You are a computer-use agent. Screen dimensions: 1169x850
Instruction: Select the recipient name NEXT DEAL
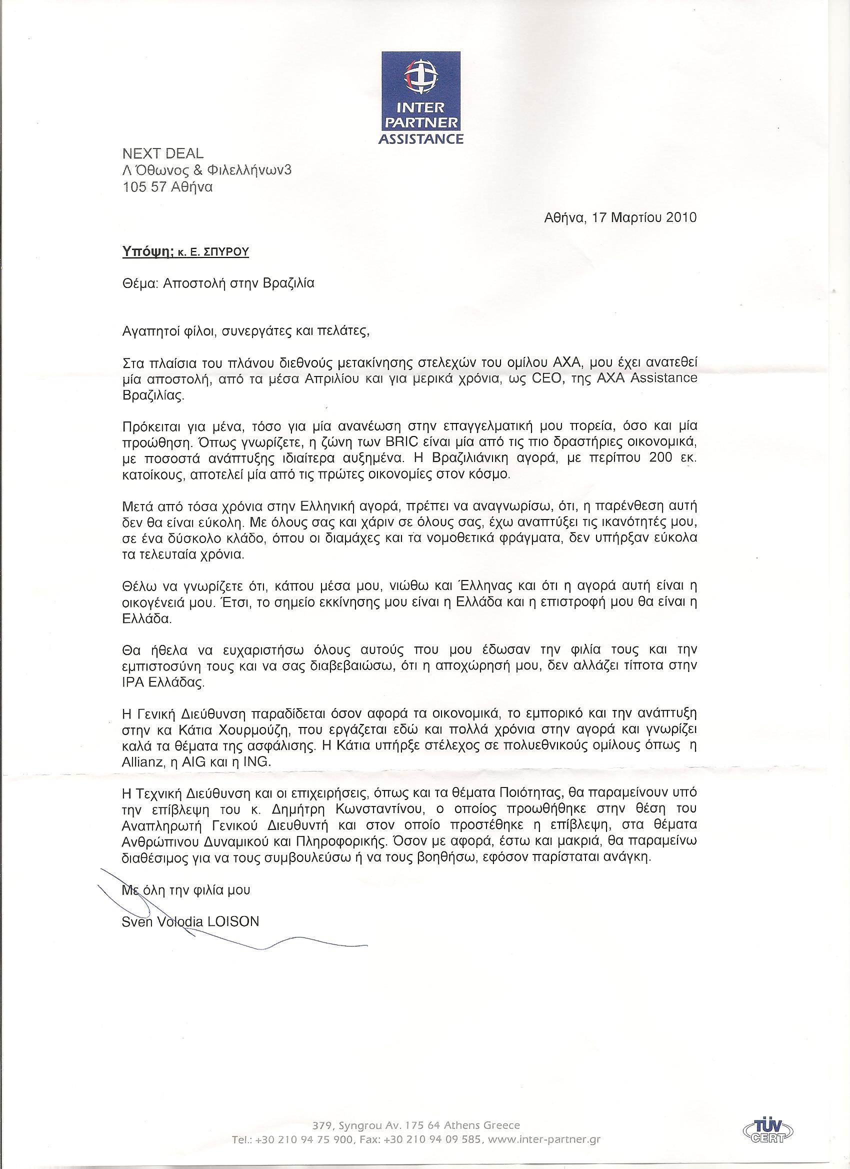tap(162, 153)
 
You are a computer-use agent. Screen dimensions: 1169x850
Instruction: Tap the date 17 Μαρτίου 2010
tap(645, 217)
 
